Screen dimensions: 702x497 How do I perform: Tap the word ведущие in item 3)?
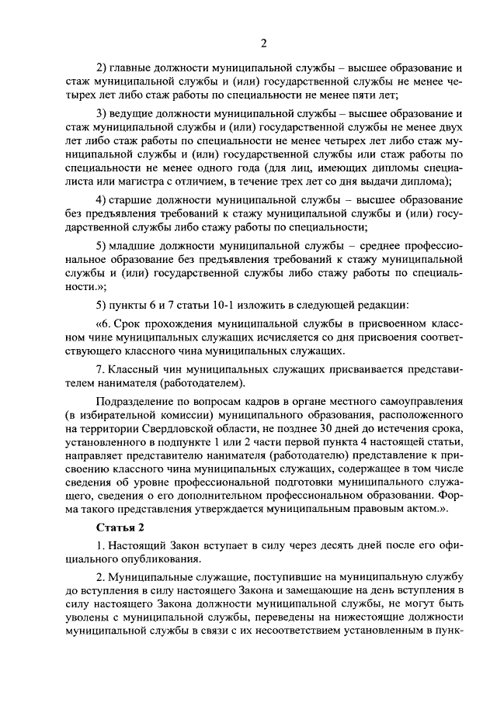point(135,112)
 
